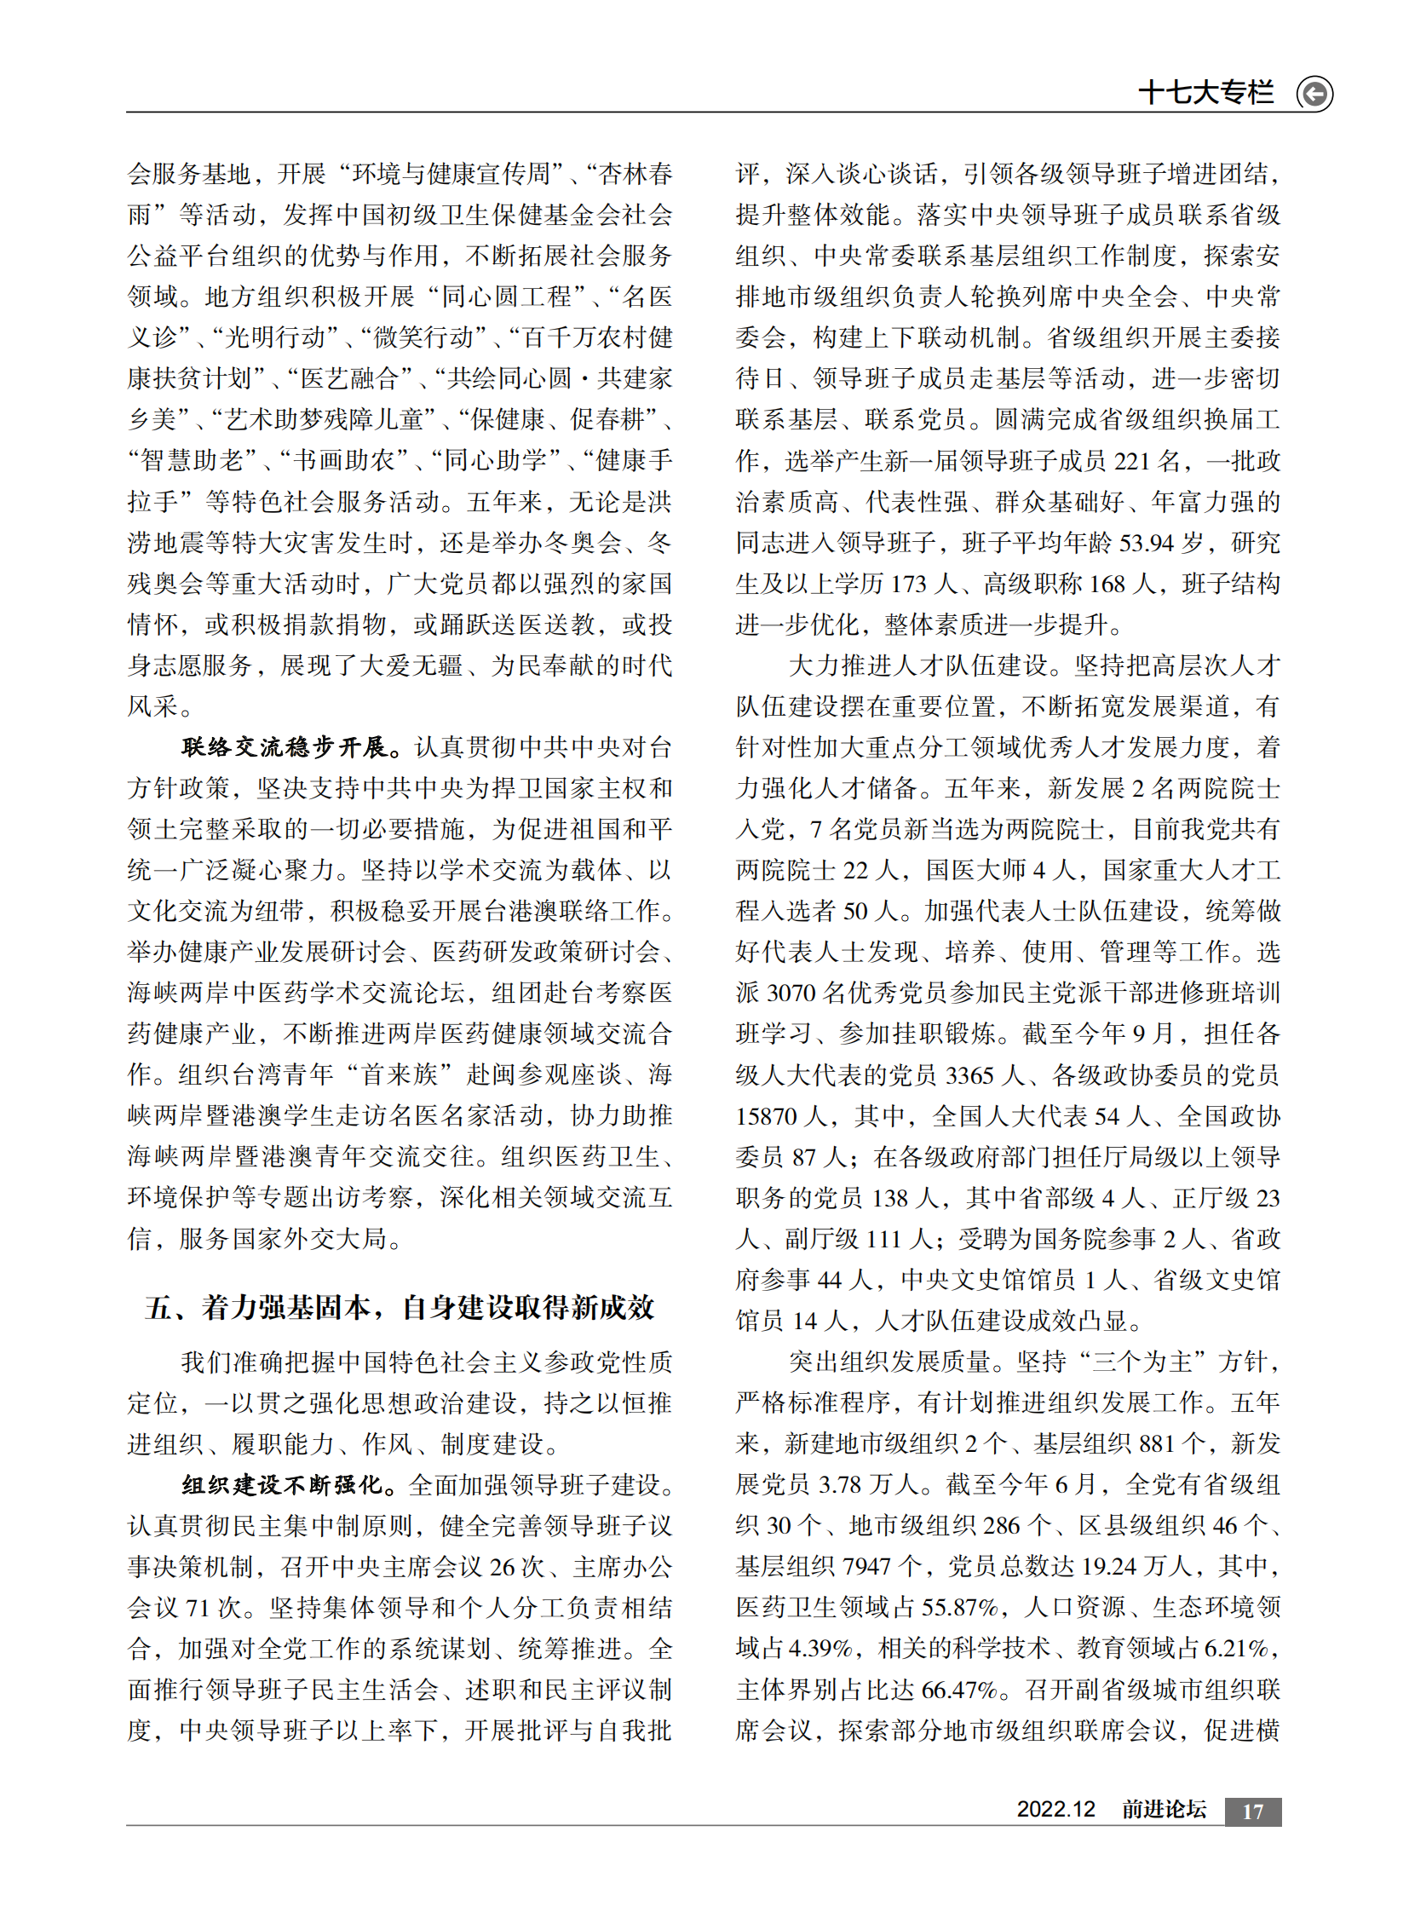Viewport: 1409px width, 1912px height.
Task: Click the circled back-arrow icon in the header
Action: click(1314, 93)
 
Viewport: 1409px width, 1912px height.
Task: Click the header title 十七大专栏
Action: click(1206, 92)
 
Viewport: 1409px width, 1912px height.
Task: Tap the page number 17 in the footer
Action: click(1252, 1812)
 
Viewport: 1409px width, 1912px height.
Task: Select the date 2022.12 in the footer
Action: click(1055, 1810)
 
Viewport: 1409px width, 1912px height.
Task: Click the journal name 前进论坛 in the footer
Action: click(1164, 1810)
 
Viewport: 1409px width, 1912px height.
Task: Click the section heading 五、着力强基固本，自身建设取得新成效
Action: click(400, 1308)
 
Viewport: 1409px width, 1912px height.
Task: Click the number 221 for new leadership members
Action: click(1132, 462)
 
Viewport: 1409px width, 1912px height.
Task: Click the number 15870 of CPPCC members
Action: click(766, 1116)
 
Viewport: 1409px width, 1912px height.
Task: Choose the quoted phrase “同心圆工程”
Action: click(507, 297)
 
